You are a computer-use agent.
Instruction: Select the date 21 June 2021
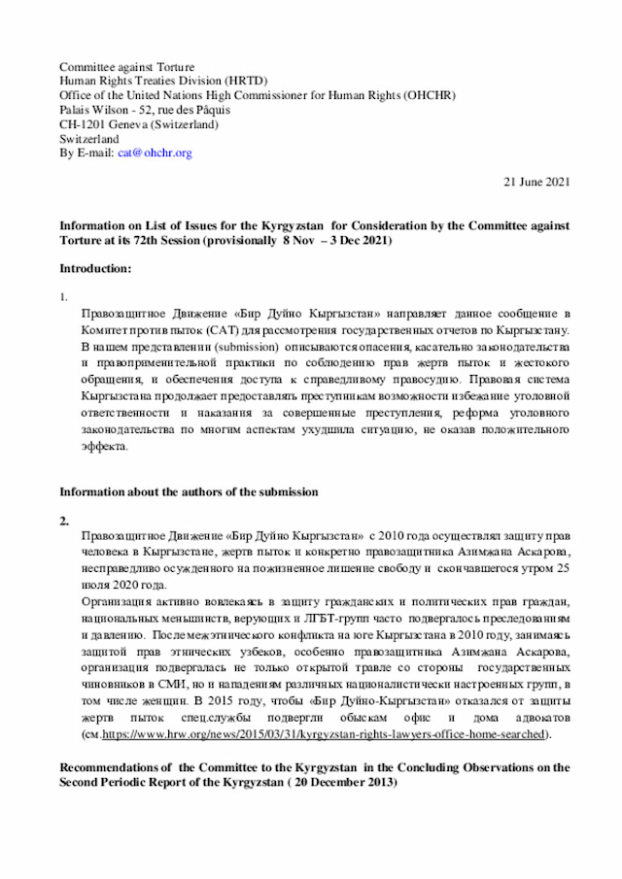pyautogui.click(x=536, y=182)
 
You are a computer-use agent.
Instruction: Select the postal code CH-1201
pyautogui.click(x=86, y=124)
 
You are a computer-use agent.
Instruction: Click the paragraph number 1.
pyautogui.click(x=64, y=295)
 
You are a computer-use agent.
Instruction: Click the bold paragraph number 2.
pyautogui.click(x=64, y=522)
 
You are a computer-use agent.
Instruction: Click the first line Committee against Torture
pyautogui.click(x=126, y=66)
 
